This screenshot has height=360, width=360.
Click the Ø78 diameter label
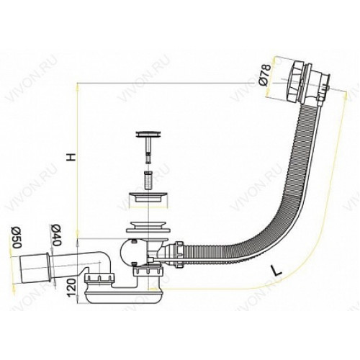tap(265, 74)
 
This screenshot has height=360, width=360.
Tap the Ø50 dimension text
tap(17, 238)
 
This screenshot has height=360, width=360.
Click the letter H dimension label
tap(71, 157)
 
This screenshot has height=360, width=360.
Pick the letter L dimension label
tap(275, 271)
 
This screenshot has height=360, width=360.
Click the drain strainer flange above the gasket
tap(150, 197)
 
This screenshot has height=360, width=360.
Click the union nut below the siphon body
tap(148, 271)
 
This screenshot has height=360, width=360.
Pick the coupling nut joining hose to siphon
tap(178, 253)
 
